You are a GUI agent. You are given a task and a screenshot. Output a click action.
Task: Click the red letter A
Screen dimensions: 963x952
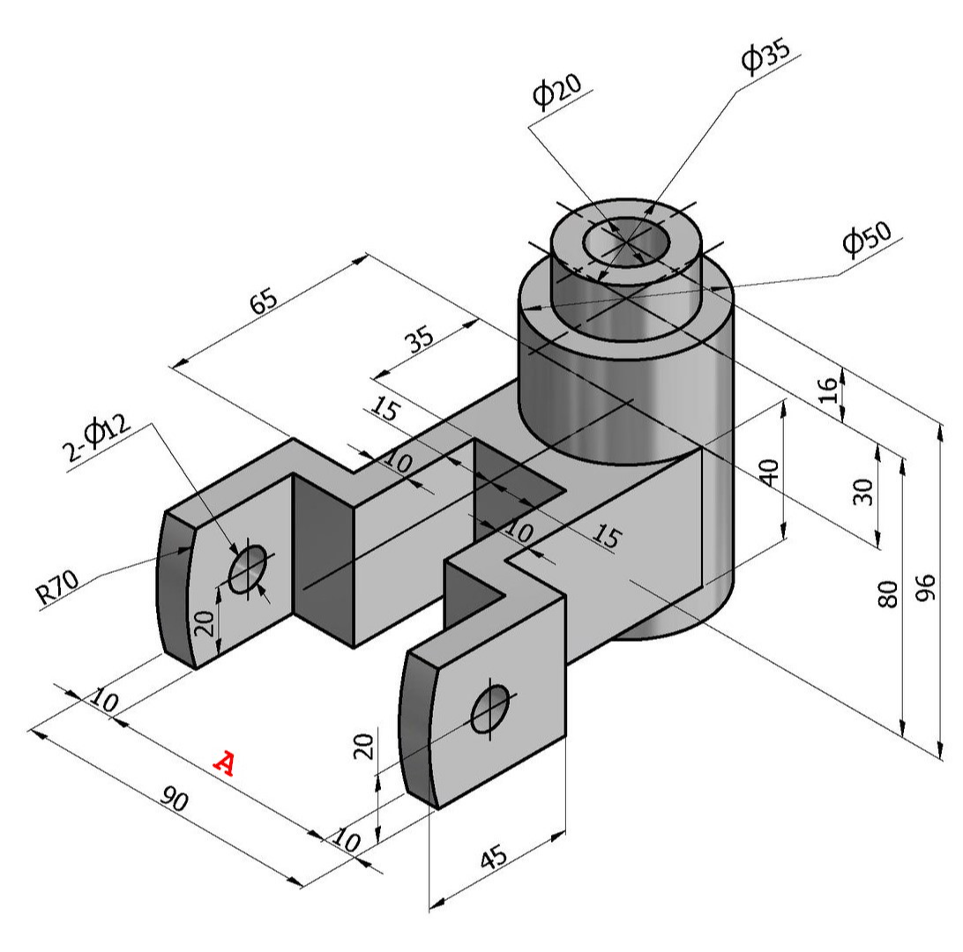pos(224,763)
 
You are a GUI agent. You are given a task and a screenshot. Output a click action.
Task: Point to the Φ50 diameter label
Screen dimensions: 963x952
pos(867,235)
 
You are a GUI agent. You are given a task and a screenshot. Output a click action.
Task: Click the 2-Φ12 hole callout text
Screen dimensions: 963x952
pos(96,439)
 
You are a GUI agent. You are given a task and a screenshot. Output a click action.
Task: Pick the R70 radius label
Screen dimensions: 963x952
pos(57,587)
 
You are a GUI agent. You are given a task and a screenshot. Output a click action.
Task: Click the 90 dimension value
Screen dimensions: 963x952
pos(175,799)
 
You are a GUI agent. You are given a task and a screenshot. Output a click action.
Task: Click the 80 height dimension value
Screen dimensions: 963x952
pos(888,593)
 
